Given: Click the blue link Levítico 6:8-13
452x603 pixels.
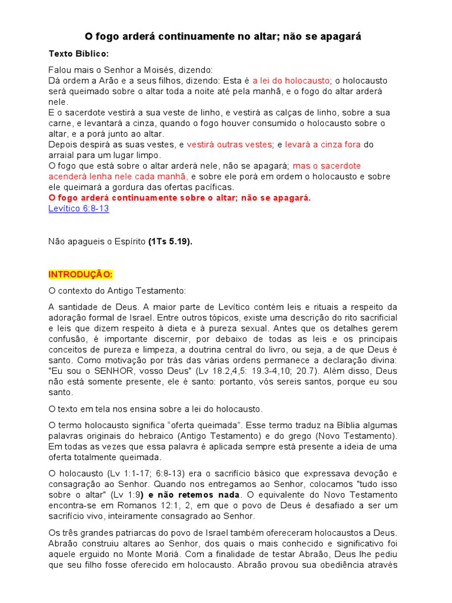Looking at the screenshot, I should pyautogui.click(x=78, y=208).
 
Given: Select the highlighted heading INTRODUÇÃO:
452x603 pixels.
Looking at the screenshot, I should pyautogui.click(x=80, y=274).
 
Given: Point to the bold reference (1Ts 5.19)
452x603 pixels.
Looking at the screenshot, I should pyautogui.click(x=171, y=241).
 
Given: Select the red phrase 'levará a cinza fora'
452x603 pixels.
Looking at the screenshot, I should pyautogui.click(x=323, y=144).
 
